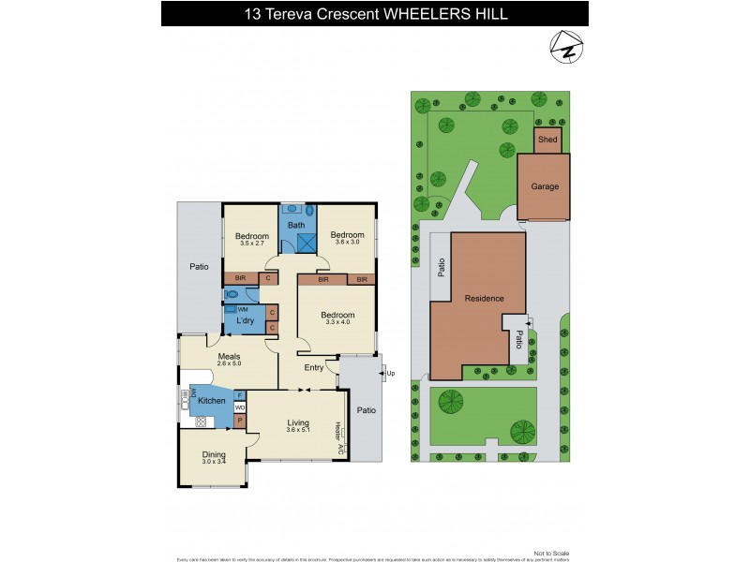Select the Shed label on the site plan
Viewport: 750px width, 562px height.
547,140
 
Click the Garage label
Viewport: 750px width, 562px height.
546,186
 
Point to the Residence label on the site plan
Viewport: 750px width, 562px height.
484,299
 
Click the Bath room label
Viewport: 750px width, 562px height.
296,225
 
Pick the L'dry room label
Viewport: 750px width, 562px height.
246,321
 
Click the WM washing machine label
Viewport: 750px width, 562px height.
243,309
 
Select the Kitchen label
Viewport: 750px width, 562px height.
211,401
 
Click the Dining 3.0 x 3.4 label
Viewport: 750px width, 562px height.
215,458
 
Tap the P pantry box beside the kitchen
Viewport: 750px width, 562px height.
240,421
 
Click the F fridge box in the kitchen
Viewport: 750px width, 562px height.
239,396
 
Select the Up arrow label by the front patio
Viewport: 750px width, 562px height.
387,373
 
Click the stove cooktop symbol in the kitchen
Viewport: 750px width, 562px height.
200,422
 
